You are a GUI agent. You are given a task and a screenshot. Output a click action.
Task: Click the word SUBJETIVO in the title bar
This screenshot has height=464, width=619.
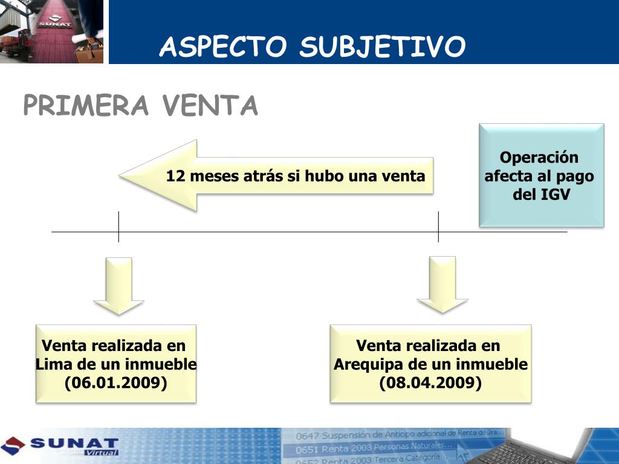tap(383, 47)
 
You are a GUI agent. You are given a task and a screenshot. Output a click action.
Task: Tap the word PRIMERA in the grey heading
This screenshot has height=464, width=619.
tap(86, 106)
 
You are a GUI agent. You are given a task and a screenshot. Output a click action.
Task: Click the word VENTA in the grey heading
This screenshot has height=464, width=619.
tap(210, 106)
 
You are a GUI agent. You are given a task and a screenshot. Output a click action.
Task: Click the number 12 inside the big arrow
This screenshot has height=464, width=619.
tap(175, 176)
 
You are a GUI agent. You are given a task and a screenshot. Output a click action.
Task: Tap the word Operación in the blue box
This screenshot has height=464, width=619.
tap(539, 158)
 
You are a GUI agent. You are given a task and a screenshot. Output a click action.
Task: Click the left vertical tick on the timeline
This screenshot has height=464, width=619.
tap(118, 227)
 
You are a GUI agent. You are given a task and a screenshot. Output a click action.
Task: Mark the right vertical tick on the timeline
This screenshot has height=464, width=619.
tap(438, 227)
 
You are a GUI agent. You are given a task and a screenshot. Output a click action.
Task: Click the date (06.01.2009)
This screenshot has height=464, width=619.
tap(116, 383)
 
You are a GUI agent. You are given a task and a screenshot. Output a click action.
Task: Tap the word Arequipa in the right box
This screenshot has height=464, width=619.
tap(364, 365)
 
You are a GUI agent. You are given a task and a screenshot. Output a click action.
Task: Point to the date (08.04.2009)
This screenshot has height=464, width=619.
tap(430, 383)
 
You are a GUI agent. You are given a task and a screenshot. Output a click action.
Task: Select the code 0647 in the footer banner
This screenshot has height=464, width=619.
tap(307, 436)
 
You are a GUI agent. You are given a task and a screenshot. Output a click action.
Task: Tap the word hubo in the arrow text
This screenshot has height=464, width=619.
tap(324, 176)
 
